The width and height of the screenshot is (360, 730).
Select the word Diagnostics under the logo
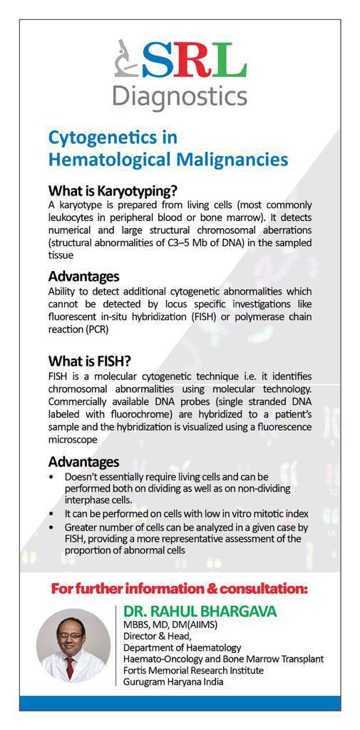pos(180,96)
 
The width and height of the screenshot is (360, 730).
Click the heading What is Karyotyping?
pos(113,191)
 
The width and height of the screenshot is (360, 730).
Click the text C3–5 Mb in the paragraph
pos(185,242)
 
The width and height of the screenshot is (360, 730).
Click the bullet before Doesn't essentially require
pos(52,476)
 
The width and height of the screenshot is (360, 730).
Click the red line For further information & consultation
pos(180,589)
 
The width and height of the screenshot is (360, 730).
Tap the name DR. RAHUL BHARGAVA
pos(200,612)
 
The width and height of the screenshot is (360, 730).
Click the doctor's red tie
pos(70,666)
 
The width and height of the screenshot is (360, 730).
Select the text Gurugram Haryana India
pos(173,682)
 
